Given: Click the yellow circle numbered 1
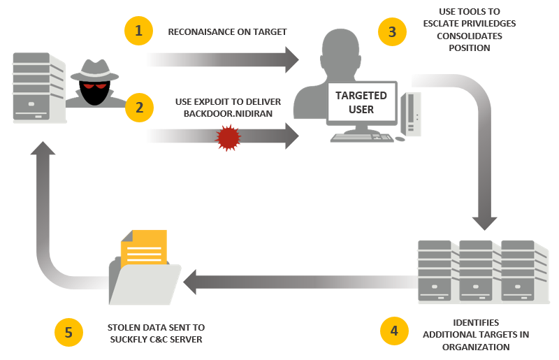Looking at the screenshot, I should tap(138, 31).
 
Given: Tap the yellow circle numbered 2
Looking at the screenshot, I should tap(139, 108).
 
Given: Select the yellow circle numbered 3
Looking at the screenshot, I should tap(392, 31).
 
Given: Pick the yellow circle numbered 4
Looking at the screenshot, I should tap(394, 331).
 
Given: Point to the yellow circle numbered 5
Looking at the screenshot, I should tap(68, 332).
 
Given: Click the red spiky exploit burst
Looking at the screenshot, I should tap(228, 137).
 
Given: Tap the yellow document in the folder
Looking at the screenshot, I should tap(144, 248).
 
